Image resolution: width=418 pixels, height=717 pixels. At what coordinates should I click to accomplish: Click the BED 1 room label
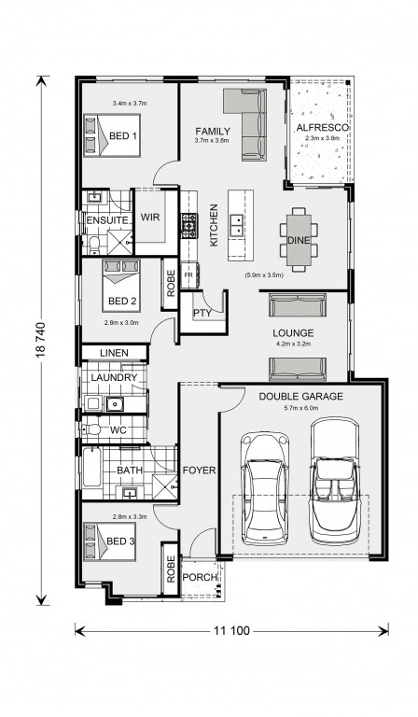click(x=122, y=135)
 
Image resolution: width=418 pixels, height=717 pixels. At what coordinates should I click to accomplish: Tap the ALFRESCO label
click(x=322, y=128)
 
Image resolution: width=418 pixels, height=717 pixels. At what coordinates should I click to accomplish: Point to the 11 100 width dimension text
click(x=231, y=631)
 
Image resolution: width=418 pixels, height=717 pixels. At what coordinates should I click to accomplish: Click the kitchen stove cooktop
click(x=189, y=225)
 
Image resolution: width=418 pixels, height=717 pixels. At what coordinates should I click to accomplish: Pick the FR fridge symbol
click(x=188, y=275)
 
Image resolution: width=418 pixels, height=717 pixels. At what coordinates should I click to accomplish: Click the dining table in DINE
click(x=299, y=240)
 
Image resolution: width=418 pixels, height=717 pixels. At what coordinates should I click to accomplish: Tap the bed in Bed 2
click(x=121, y=287)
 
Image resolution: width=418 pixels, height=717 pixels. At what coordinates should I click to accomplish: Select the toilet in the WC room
click(x=91, y=429)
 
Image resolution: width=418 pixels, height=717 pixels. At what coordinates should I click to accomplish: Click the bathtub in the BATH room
click(x=91, y=467)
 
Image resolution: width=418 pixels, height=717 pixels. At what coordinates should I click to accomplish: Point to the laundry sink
click(x=114, y=403)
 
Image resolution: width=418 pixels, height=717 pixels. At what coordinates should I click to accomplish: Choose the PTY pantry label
click(x=202, y=314)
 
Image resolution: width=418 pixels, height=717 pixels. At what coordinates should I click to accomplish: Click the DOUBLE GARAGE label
click(x=301, y=396)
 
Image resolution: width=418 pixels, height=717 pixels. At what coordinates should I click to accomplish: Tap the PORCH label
click(x=200, y=577)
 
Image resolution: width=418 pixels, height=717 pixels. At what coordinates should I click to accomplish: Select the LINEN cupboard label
click(x=114, y=353)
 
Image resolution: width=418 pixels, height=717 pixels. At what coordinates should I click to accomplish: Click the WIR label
click(x=150, y=217)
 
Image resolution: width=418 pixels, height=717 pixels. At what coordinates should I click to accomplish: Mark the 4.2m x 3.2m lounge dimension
click(x=292, y=344)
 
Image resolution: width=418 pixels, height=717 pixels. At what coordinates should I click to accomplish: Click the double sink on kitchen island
click(x=236, y=225)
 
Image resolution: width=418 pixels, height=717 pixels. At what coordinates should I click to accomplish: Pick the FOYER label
click(x=199, y=471)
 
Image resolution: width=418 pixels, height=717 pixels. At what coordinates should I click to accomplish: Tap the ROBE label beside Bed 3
click(x=171, y=569)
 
